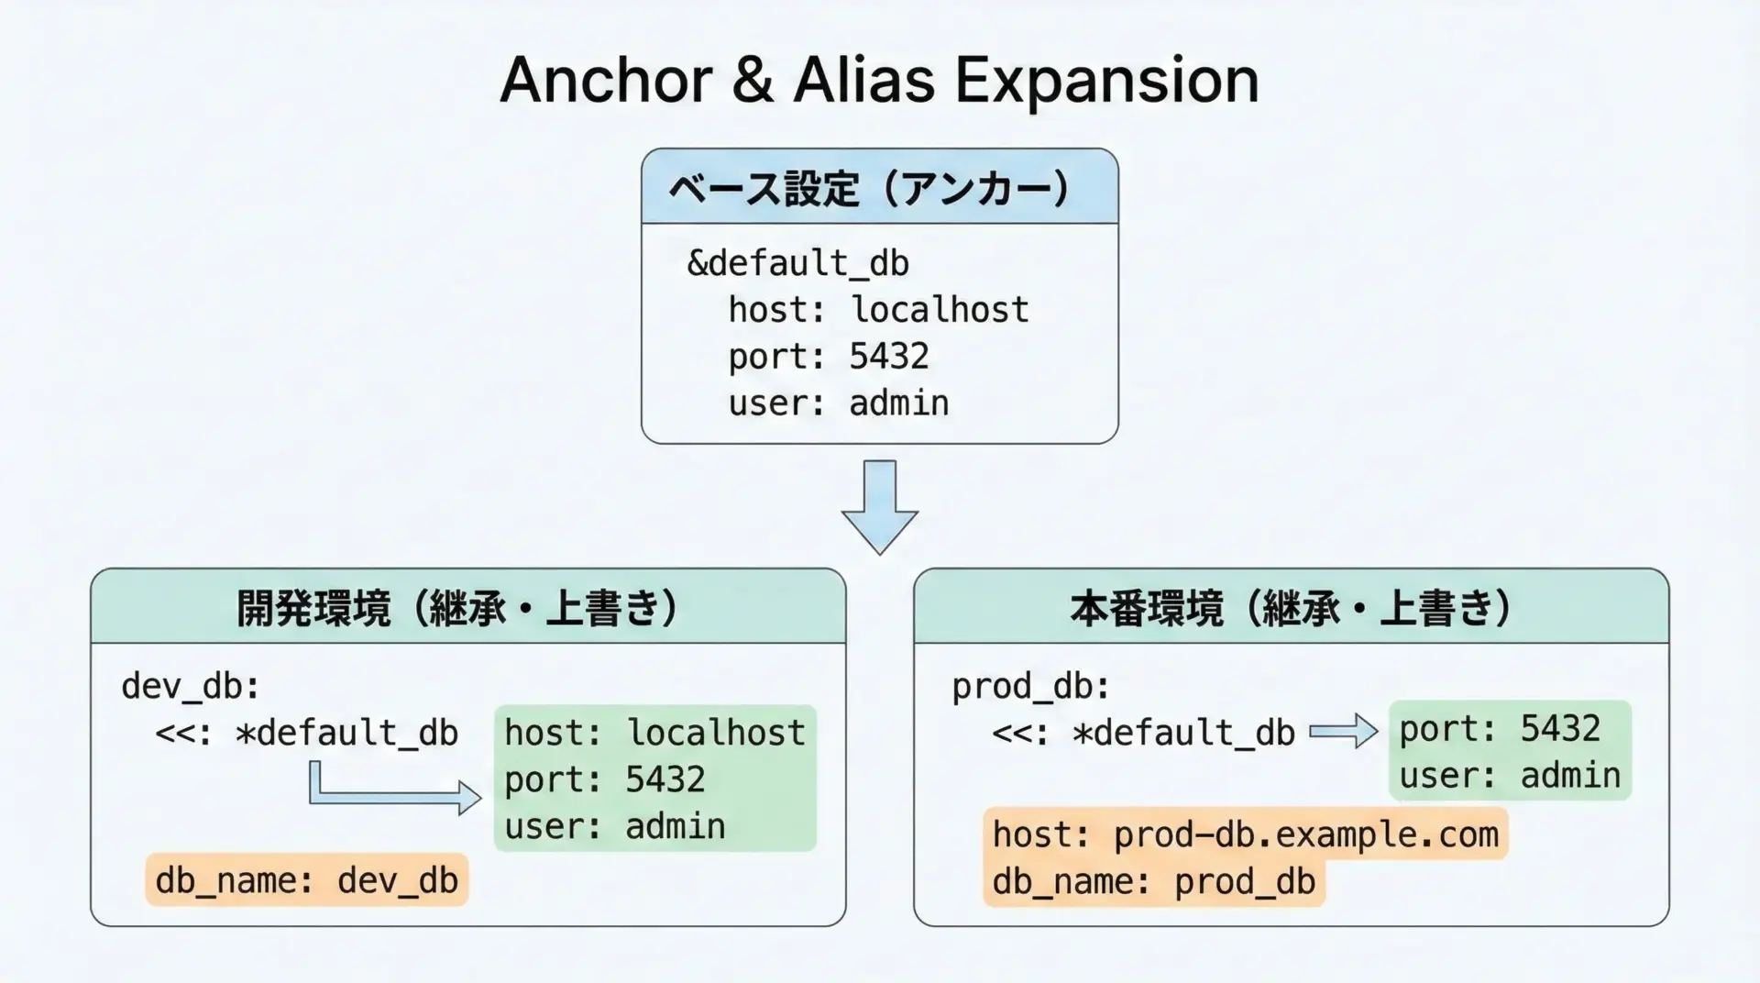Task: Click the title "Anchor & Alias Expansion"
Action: [x=879, y=80]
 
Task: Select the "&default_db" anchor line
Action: [x=797, y=264]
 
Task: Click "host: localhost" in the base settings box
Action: [x=878, y=310]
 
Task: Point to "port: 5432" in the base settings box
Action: [x=829, y=357]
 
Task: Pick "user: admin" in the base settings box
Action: [x=839, y=403]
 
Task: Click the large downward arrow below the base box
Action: [x=879, y=506]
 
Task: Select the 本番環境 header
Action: [x=1291, y=607]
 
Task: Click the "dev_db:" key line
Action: [x=191, y=686]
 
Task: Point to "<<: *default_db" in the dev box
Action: [x=306, y=734]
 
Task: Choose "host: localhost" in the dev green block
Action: [x=654, y=733]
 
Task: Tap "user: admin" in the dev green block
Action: [x=614, y=827]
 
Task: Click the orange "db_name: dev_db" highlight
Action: [x=306, y=880]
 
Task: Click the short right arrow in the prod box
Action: [x=1343, y=731]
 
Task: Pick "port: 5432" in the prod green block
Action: [x=1500, y=729]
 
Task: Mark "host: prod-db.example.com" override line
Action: [x=1245, y=834]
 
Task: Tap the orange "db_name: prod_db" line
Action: [x=1153, y=882]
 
